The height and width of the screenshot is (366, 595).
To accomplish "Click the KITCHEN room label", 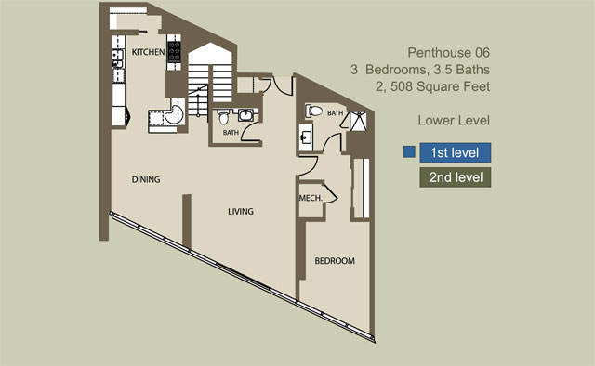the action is (148, 52).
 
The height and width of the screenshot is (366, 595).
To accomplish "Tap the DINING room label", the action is (146, 179).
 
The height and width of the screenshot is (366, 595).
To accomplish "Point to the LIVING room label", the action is (241, 211).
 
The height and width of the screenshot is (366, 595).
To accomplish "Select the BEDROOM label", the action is (335, 261).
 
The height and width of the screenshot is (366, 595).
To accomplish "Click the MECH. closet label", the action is (311, 198).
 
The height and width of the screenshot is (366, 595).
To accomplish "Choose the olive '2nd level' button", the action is (456, 177).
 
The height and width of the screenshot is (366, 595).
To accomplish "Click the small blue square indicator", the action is (409, 152).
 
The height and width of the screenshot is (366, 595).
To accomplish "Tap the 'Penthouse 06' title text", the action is (448, 53).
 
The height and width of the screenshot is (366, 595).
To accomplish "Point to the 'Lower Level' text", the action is (454, 121).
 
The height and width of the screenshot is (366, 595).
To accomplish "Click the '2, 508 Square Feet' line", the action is (433, 86).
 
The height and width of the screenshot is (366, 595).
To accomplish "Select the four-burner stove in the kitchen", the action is (174, 52).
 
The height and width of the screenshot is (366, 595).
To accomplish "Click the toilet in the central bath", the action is (224, 117).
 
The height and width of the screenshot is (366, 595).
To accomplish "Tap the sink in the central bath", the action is (246, 115).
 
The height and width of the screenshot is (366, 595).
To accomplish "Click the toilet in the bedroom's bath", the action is (314, 111).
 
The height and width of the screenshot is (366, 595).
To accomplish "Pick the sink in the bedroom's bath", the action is (306, 137).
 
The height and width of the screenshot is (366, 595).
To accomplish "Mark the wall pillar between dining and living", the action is (187, 221).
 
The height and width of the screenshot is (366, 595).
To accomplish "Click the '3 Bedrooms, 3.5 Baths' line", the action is (420, 70).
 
